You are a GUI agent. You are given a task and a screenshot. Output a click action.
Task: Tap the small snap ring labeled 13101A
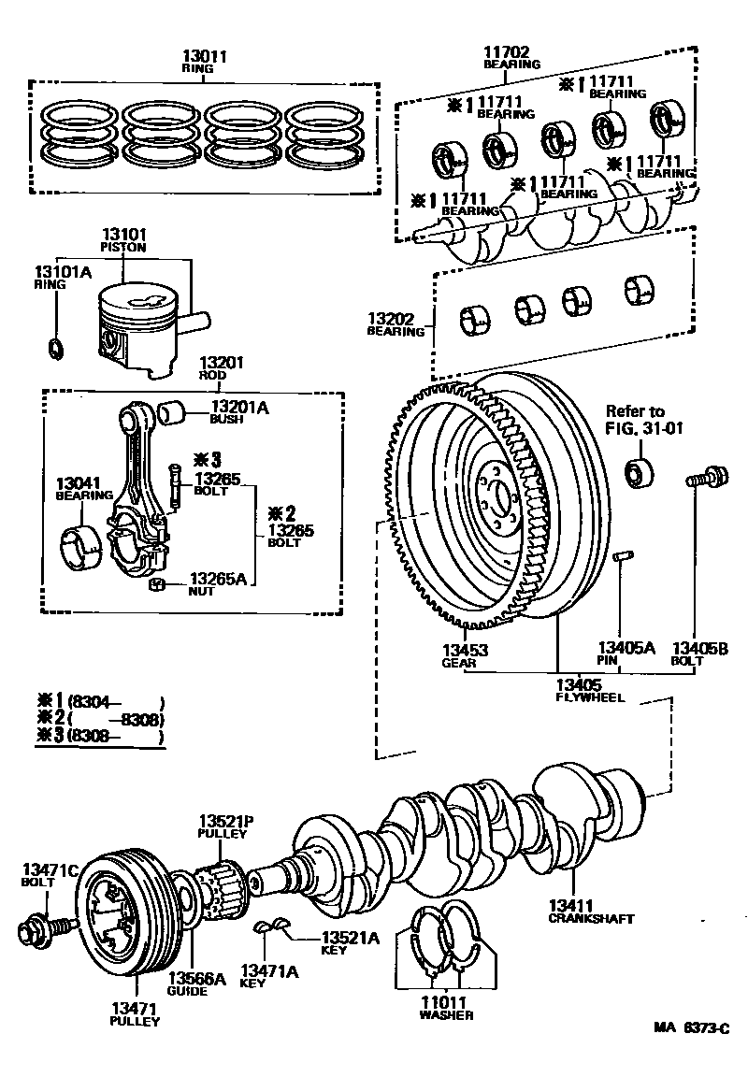55,350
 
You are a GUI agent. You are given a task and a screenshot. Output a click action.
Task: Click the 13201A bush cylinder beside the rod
172,410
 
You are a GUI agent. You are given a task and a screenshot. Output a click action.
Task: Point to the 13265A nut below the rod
158,585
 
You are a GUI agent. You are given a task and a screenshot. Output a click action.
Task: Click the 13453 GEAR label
465,654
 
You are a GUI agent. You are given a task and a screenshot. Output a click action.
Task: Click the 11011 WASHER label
446,1008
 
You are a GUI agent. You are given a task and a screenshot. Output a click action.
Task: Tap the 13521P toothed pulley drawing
222,885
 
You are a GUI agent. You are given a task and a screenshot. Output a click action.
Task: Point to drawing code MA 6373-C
691,1027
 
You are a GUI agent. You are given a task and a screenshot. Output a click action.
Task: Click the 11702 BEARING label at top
511,58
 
